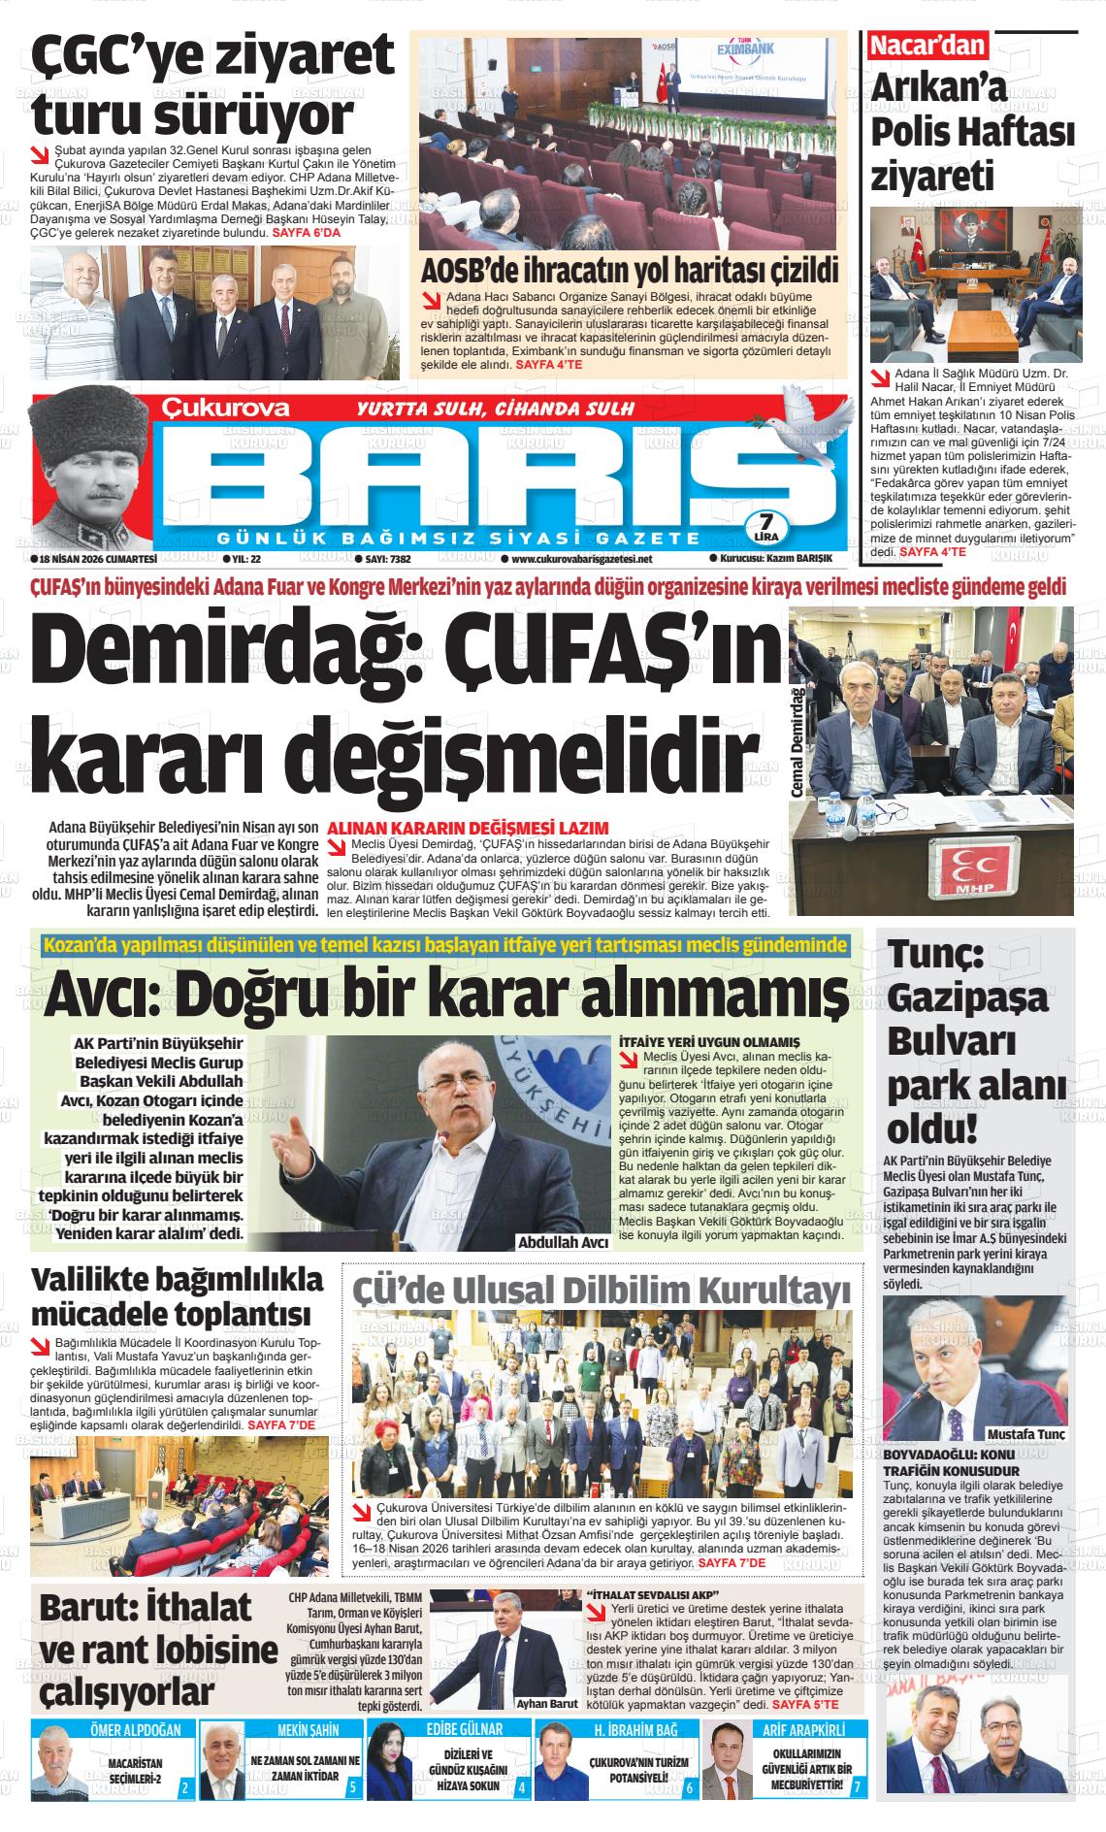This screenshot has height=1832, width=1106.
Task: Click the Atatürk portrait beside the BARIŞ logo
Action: point(90,470)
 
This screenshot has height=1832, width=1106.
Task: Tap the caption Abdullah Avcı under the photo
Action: point(563,1242)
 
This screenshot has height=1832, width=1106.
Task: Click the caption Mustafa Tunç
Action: point(1025,1435)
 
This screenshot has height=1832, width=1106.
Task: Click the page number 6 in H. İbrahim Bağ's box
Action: point(689,1786)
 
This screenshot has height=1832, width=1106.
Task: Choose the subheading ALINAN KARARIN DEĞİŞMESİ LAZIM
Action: point(469,828)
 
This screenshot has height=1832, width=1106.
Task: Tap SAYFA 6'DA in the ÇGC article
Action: point(314,233)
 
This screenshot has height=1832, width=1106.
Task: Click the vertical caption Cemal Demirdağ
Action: point(797,742)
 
